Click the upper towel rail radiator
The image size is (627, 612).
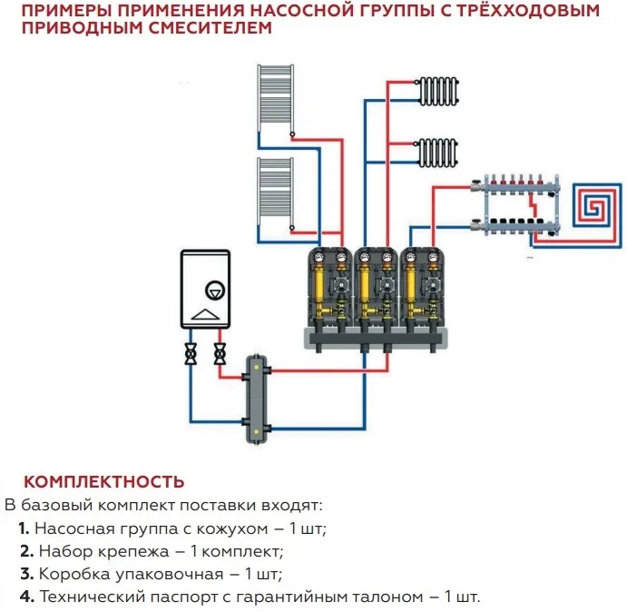click(275, 100)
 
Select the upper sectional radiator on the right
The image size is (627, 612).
click(438, 89)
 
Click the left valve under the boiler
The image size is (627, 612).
click(191, 354)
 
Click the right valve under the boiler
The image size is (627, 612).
click(220, 354)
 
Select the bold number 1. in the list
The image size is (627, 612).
click(24, 528)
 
